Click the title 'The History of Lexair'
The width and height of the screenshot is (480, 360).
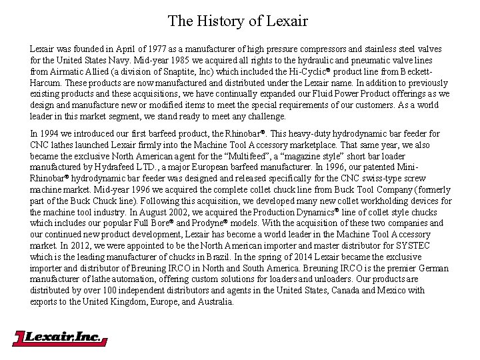pos(238,21)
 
